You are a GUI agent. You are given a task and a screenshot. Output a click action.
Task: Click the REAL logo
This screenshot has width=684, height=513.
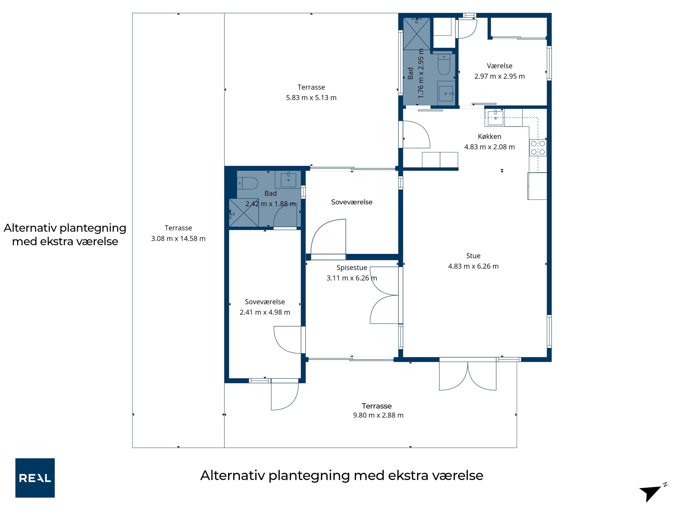coord(35,478)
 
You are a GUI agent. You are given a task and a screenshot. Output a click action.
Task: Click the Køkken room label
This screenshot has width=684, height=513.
coord(490,136)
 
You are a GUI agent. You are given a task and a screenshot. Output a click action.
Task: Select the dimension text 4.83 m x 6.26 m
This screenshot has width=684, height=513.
coord(474,266)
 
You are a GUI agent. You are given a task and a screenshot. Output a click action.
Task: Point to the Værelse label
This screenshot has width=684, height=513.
coord(500,66)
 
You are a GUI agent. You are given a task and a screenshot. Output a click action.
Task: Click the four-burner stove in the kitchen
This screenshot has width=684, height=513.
coord(538,148)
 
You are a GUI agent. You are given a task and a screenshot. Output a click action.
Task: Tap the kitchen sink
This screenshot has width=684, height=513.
coord(495,118)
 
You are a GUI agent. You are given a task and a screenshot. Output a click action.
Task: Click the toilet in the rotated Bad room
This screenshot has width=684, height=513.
coord(444,65)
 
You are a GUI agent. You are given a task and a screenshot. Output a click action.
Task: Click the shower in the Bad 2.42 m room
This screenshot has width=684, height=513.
coord(244,213)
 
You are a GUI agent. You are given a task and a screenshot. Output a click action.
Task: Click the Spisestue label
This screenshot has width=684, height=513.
coord(352,268)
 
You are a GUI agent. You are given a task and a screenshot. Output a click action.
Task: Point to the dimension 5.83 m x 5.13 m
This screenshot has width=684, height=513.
coord(311,98)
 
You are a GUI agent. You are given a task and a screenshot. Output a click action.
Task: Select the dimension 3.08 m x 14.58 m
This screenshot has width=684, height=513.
coord(178,238)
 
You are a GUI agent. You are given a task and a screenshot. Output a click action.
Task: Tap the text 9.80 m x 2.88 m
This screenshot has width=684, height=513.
coord(378,415)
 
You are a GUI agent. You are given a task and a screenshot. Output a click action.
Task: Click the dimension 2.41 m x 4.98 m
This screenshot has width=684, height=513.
coord(265,312)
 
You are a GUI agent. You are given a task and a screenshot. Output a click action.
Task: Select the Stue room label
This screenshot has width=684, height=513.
coord(474,256)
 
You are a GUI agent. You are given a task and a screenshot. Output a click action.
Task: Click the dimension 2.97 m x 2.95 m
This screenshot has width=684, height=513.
coord(500,76)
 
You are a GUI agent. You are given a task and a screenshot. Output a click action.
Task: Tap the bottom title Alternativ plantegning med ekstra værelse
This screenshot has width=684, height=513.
coord(342,476)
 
